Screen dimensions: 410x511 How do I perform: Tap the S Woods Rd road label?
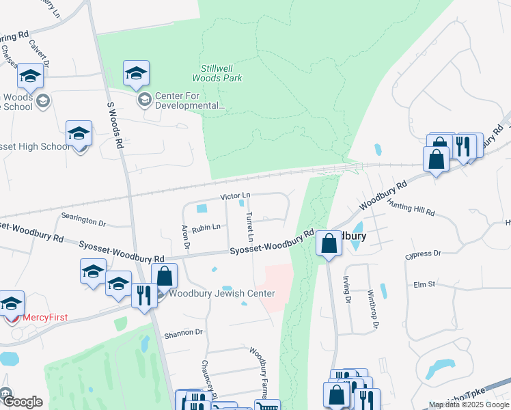(115, 126)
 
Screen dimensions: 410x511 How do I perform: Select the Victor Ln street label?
(235, 196)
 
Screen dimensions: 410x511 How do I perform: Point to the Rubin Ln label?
(206, 228)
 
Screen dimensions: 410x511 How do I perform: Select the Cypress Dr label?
(423, 254)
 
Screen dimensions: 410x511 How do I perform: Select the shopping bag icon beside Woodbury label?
(329, 243)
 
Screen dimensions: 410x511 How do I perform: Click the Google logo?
(23, 402)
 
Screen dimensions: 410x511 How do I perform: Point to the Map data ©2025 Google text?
(468, 405)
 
